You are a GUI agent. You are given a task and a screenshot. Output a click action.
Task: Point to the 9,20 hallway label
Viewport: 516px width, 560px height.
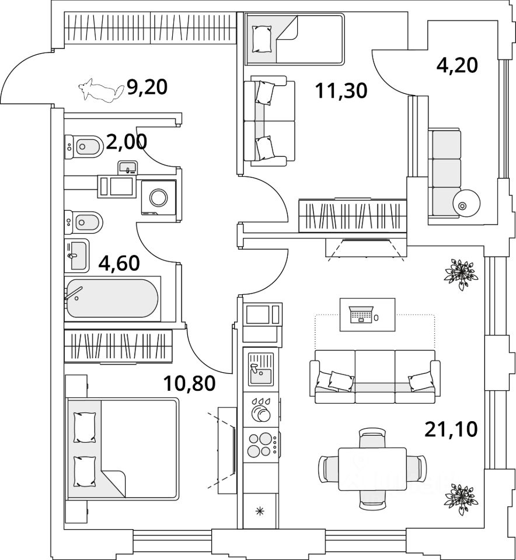[x=147, y=87]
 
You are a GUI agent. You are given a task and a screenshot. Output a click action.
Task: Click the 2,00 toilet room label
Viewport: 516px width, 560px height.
[x=127, y=142]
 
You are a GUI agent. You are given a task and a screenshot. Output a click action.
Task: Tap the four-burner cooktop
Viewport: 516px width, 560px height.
[x=260, y=444]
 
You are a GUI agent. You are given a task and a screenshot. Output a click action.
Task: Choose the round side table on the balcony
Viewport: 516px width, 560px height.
[x=466, y=204]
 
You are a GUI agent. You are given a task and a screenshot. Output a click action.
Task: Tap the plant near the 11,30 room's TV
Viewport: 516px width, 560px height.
[x=462, y=271]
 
